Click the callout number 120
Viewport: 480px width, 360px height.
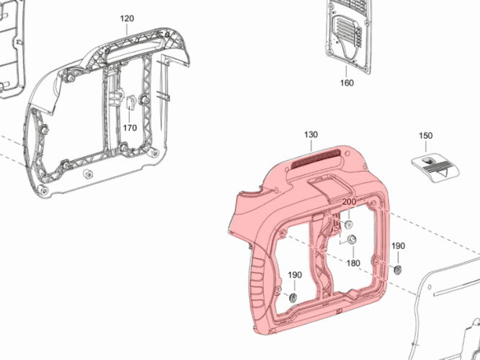point(127,19)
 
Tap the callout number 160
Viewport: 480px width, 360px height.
point(347,83)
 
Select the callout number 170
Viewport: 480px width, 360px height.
point(130,128)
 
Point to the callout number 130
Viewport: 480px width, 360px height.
point(311,134)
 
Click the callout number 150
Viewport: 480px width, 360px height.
point(425,136)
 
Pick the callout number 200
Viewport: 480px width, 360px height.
point(349,202)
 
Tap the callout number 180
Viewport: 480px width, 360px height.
point(353,263)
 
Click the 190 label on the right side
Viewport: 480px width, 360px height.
point(399,246)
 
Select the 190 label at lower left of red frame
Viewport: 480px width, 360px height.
point(295,275)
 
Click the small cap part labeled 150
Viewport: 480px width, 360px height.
point(435,168)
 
